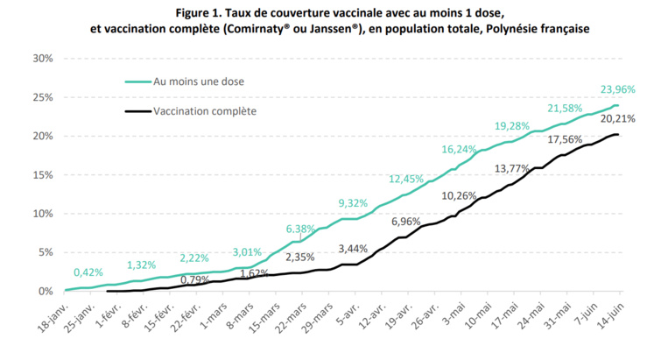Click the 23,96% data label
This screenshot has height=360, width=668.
(617, 89)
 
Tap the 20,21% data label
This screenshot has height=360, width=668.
(617, 118)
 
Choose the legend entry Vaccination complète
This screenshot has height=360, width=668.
(204, 111)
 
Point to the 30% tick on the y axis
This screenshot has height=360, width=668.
(42, 59)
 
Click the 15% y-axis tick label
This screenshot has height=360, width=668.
(42, 175)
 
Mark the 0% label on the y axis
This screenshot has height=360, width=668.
(46, 291)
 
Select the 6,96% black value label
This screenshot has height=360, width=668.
(408, 222)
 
